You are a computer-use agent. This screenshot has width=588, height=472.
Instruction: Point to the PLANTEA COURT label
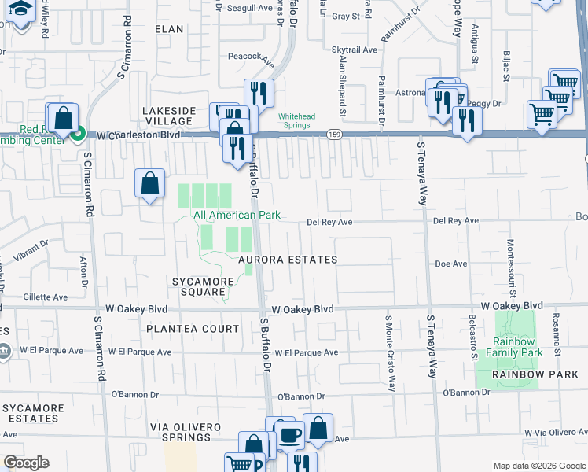(x=192, y=328)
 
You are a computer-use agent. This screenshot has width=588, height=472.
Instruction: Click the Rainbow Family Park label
(x=517, y=347)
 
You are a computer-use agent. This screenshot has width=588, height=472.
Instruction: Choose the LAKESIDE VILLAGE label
(x=167, y=116)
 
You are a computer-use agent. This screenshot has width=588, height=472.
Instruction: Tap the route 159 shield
(x=334, y=135)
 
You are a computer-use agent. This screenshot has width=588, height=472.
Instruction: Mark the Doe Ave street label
(x=451, y=264)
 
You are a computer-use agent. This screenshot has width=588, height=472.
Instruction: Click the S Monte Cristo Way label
(x=389, y=353)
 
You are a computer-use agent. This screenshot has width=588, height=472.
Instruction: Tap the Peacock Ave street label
(x=250, y=57)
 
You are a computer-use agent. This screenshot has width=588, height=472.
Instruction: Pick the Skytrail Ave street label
(x=355, y=49)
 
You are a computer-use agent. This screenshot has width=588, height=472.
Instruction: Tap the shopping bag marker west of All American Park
(x=149, y=184)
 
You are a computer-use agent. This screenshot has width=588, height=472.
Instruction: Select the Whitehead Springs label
(x=297, y=121)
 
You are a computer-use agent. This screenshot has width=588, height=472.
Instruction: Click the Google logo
(x=26, y=463)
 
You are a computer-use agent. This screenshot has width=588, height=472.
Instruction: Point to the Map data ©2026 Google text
(x=538, y=466)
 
